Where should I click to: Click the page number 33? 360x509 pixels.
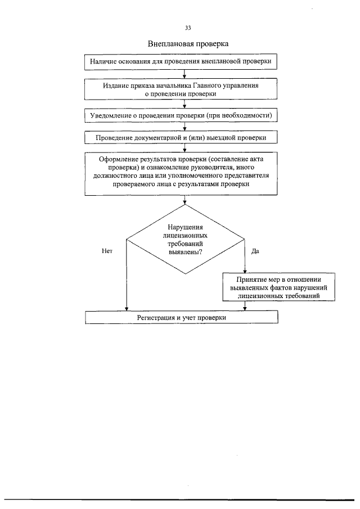point(188,28)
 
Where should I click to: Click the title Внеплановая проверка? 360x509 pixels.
point(188,44)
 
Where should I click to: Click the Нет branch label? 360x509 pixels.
point(107,251)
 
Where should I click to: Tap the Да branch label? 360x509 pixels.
point(255,251)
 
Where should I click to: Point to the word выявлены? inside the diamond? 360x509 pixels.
point(186,252)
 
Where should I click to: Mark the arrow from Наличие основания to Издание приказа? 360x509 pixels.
point(184,74)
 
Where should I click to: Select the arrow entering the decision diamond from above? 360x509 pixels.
point(184,200)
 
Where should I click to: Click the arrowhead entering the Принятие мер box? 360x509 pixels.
point(245,271)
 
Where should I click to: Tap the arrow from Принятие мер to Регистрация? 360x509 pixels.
point(245,306)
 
